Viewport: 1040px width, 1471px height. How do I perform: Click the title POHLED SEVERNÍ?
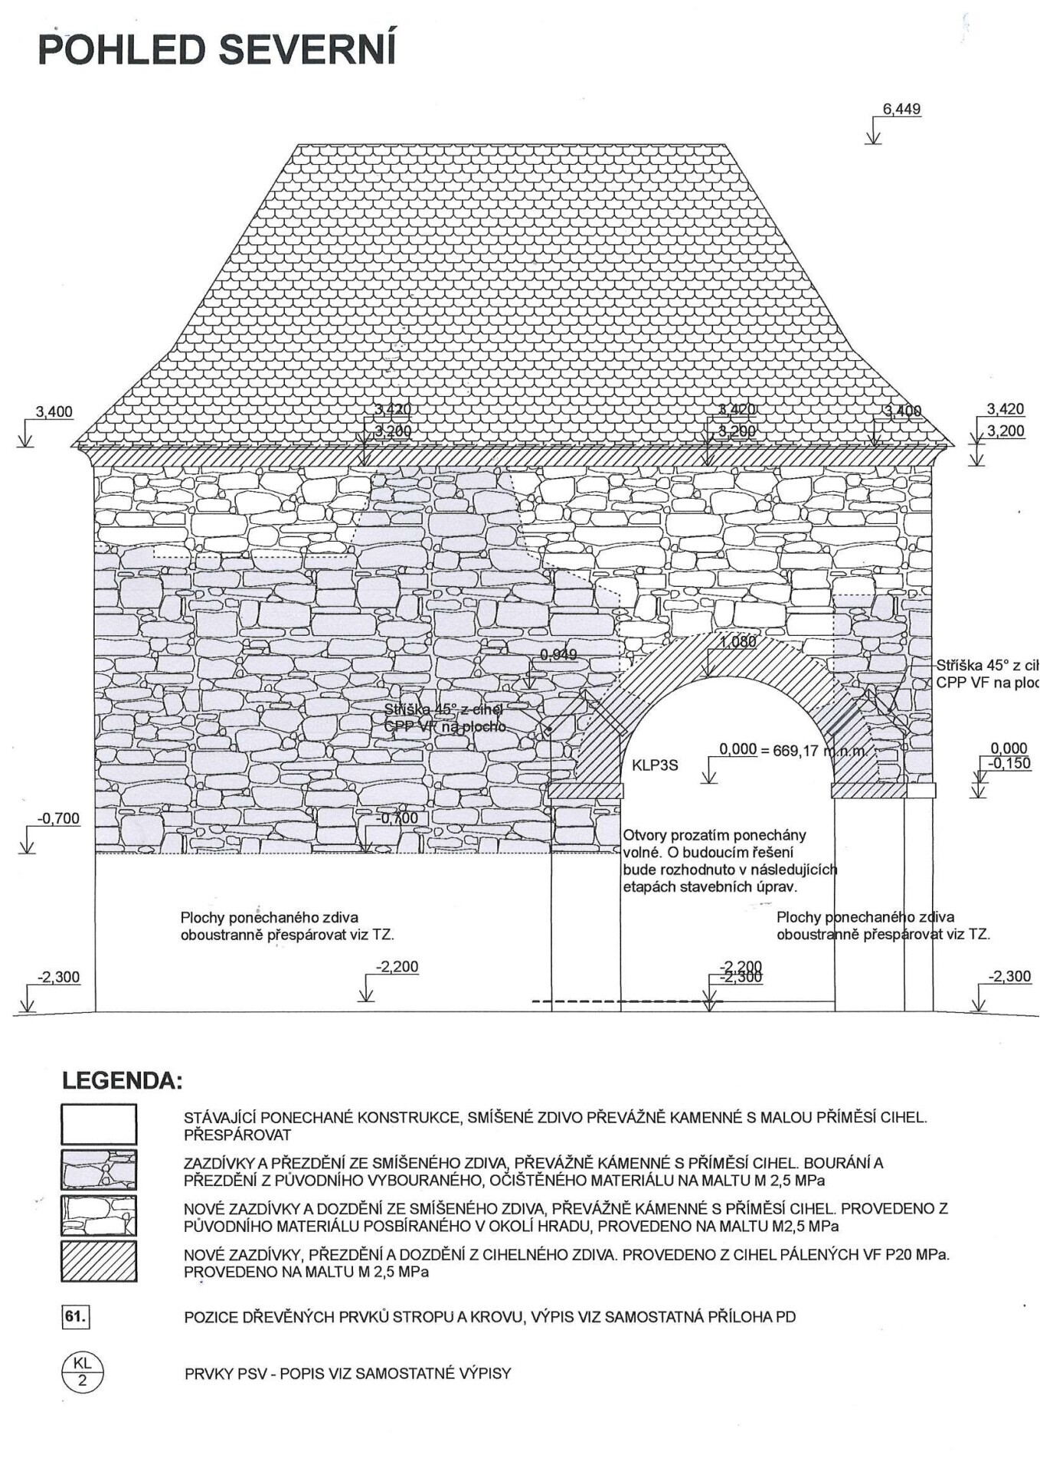(217, 50)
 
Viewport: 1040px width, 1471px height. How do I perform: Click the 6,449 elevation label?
(901, 110)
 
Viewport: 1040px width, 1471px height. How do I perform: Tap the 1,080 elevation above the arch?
(738, 642)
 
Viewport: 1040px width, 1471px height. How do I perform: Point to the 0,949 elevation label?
(558, 654)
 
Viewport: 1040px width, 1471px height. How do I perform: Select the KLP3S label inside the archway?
(655, 765)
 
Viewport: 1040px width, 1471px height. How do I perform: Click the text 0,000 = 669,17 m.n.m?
(793, 750)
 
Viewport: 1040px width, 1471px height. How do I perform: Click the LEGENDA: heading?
(123, 1082)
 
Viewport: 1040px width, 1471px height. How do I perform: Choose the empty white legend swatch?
(99, 1124)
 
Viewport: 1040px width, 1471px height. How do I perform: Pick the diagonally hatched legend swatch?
(99, 1262)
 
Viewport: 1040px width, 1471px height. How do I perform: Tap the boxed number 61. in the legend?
(76, 1317)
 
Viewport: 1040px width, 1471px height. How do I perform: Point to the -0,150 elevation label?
(1009, 764)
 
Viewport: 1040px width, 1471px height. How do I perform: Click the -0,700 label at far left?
(58, 818)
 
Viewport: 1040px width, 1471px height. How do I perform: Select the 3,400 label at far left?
(54, 412)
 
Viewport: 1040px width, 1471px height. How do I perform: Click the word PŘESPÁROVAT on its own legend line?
(237, 1134)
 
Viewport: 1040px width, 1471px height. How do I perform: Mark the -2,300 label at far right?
(1009, 977)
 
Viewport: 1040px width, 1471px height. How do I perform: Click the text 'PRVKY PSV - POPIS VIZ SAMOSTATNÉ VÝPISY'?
(347, 1373)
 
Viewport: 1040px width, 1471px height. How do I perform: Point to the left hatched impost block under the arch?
(586, 791)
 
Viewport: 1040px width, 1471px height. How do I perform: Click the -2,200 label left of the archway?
(397, 967)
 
